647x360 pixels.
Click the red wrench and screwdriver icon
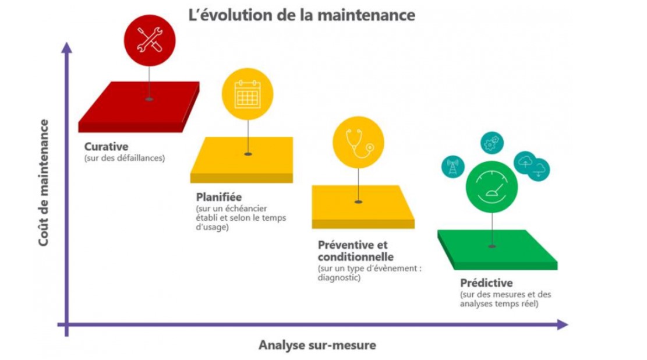[x=149, y=40]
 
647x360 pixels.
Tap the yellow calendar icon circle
[x=248, y=94]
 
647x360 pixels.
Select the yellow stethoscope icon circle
[x=358, y=143]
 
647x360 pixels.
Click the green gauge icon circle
[x=492, y=187]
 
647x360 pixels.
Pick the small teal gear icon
[x=492, y=143]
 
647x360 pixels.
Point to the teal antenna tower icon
[x=452, y=167]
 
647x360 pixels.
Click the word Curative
[x=106, y=147]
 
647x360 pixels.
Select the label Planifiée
[x=219, y=197]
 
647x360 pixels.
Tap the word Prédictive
[x=486, y=283]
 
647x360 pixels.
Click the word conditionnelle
[x=356, y=257]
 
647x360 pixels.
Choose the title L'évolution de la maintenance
[x=302, y=15]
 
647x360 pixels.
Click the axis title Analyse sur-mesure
[x=317, y=345]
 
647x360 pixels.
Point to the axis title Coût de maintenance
[x=44, y=183]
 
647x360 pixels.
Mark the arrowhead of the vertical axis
[x=66, y=48]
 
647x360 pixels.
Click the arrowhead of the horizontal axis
[x=563, y=324]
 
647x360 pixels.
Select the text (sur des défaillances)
[x=125, y=158]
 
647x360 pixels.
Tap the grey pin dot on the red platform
[x=149, y=100]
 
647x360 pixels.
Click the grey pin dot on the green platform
[x=492, y=246]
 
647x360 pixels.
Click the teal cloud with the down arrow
[x=539, y=170]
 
